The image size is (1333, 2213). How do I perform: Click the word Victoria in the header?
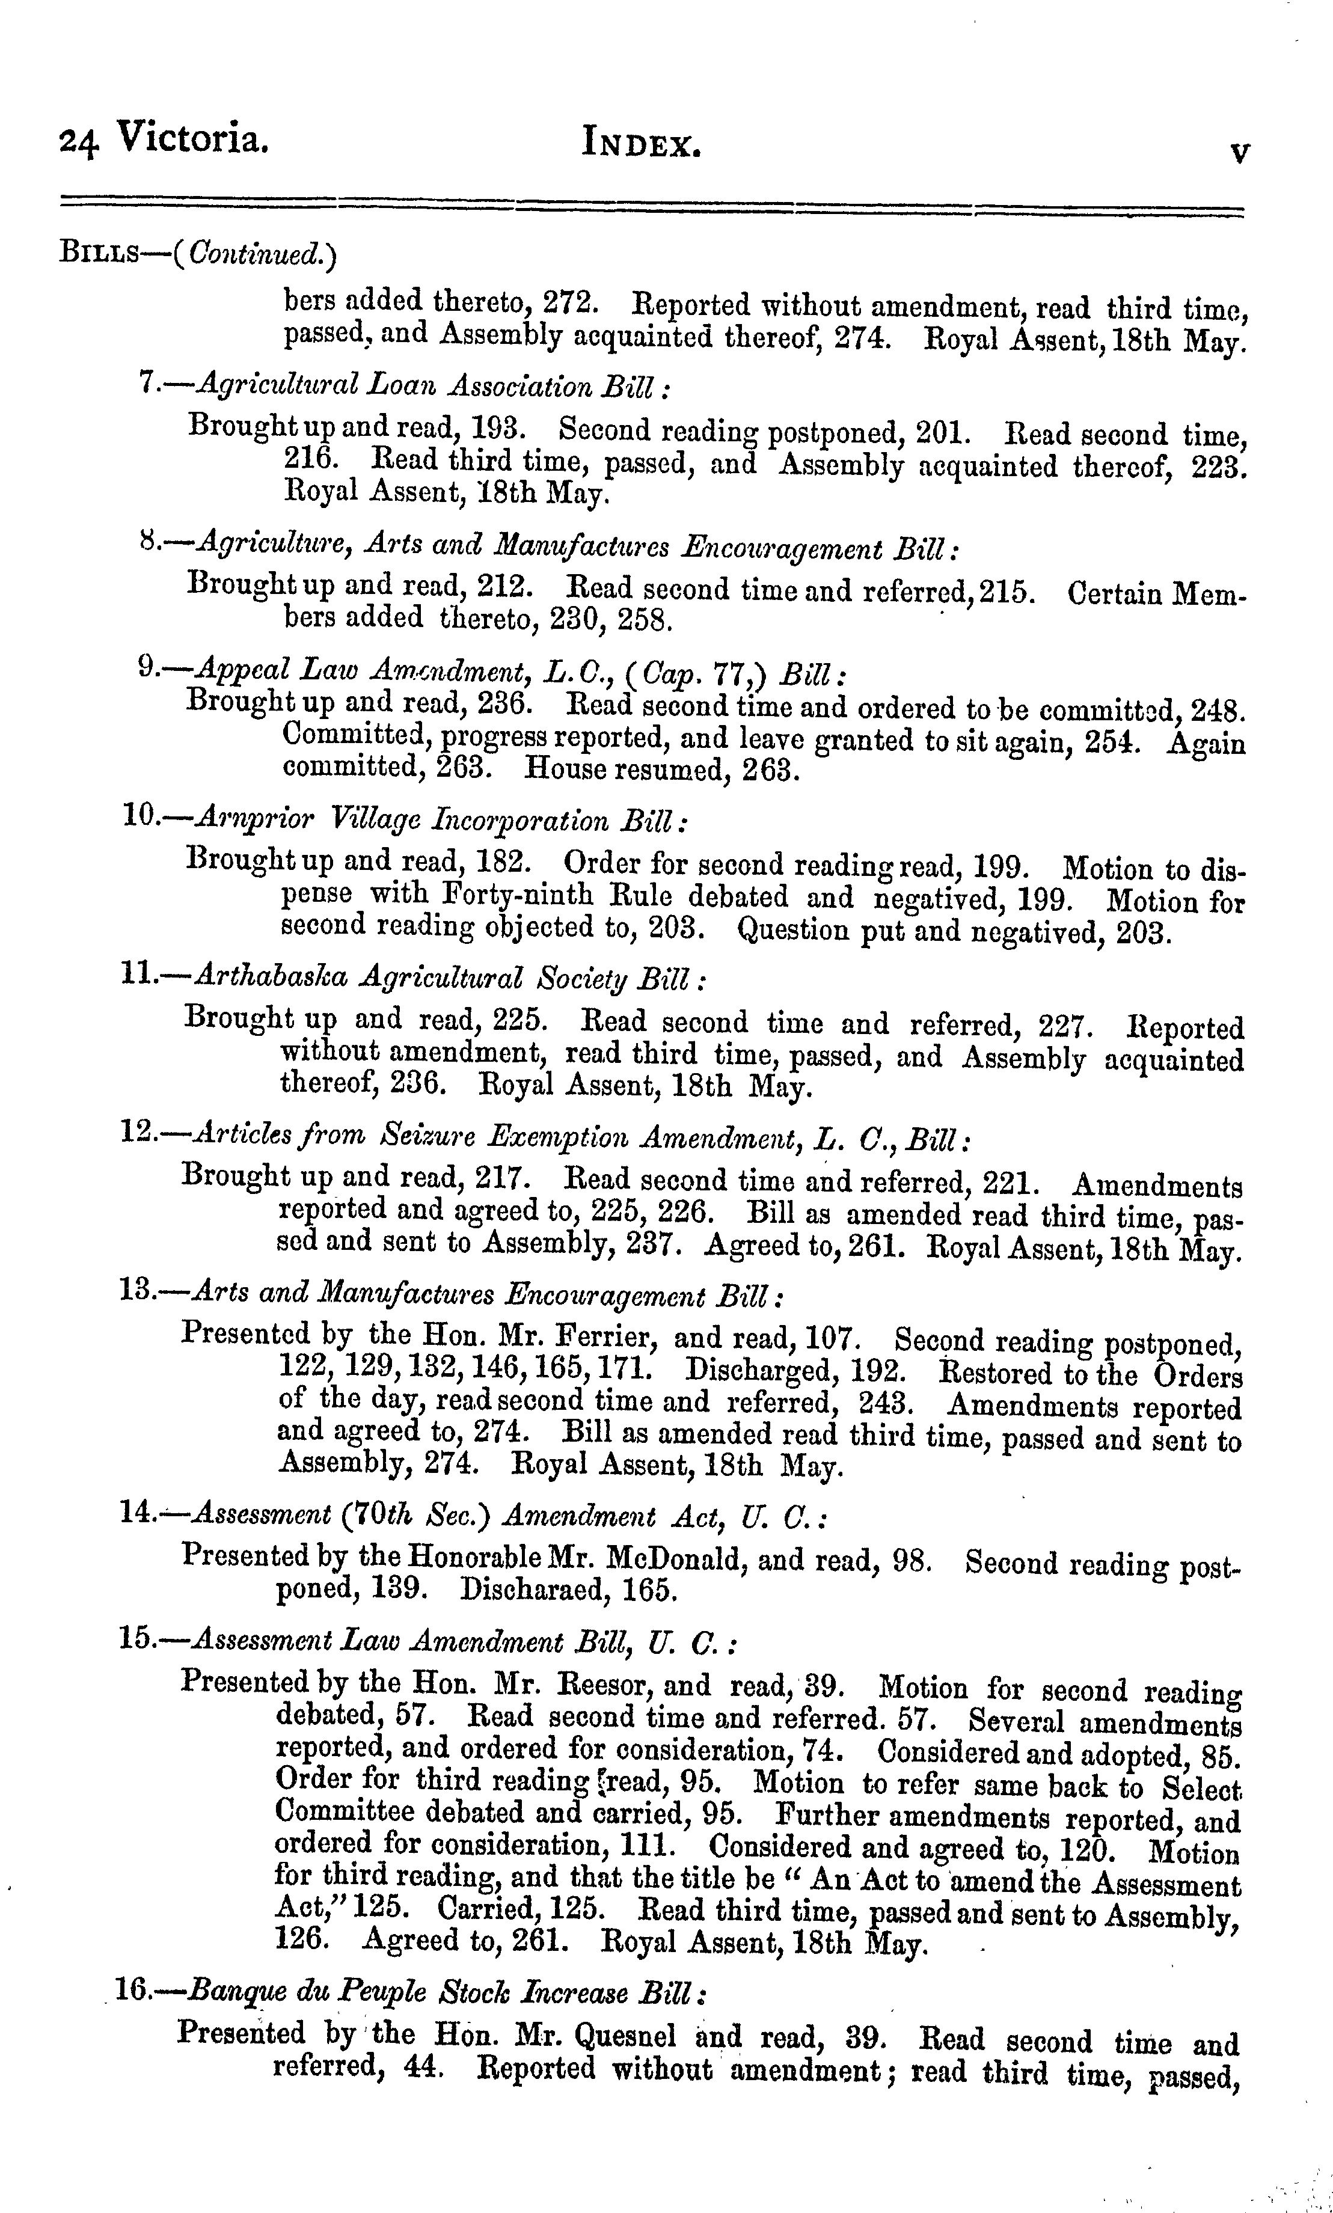(192, 139)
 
